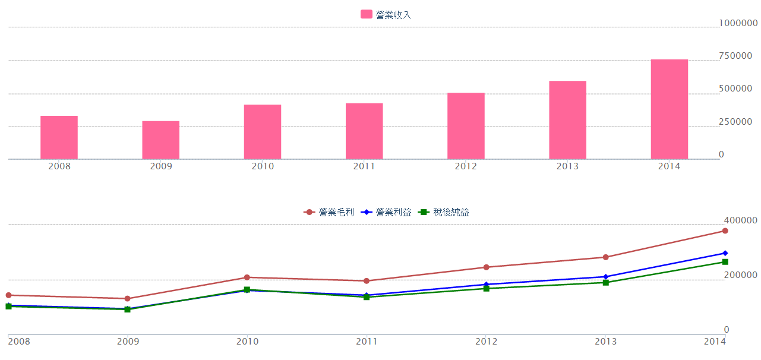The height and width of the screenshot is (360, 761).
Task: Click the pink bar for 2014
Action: coord(669,109)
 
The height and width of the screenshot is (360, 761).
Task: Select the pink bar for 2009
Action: coord(160,140)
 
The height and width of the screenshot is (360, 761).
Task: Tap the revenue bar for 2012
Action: coord(466,126)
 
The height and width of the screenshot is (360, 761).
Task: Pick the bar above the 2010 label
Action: coord(262,132)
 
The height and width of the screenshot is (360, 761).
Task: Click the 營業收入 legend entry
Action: coord(386,15)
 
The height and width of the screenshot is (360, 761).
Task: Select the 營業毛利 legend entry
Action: coord(329,212)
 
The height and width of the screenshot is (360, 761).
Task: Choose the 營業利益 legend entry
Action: coord(386,212)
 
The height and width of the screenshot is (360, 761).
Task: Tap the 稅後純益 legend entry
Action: coord(444,212)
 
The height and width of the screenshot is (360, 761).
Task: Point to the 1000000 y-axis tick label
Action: coord(738,23)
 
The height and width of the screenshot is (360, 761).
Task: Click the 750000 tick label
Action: coord(738,56)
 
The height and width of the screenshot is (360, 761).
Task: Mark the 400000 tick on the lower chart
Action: coord(740,220)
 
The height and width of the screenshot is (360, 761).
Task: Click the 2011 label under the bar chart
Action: coord(364,166)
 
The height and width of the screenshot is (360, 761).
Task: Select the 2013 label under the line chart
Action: coord(605,341)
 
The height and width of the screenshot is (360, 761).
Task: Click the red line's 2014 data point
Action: coord(725,231)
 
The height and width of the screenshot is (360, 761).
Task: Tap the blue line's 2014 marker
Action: coord(725,253)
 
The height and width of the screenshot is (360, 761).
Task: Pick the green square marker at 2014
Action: coord(725,262)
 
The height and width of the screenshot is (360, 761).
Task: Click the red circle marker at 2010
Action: coord(247,277)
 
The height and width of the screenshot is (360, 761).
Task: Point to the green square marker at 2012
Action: coord(486,289)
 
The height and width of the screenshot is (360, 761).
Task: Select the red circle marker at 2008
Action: coord(8,295)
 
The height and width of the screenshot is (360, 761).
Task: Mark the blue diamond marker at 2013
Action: coord(605,277)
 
